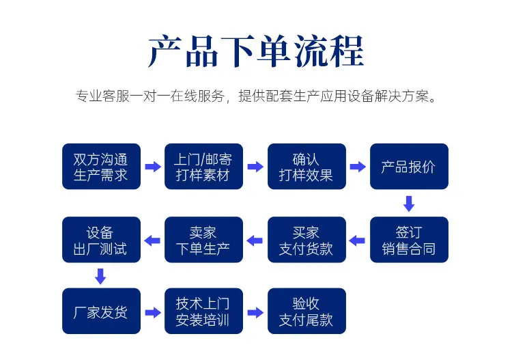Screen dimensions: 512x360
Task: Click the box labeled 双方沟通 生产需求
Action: pos(101,166)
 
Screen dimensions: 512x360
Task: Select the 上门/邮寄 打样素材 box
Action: pos(203,166)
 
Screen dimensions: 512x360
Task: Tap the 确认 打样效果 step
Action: pos(307,166)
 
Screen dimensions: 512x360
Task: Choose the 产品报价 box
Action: pos(409,166)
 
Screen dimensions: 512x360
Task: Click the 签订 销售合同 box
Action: pos(409,240)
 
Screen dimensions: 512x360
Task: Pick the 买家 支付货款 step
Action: pos(307,240)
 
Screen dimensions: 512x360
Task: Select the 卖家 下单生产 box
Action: pos(203,240)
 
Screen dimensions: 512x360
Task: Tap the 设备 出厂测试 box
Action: pos(101,240)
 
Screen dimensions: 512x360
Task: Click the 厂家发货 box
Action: pos(101,311)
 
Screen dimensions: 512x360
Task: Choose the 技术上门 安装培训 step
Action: pos(203,311)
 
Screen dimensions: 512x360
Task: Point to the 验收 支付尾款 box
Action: pos(307,311)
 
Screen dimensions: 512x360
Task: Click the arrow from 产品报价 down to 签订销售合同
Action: pos(409,204)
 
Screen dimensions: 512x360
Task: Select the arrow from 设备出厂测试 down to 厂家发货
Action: pos(100,277)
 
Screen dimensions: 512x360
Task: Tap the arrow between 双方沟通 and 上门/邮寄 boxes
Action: pos(153,167)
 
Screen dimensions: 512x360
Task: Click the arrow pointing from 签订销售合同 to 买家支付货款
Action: pos(357,240)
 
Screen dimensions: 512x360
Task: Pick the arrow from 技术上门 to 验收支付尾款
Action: pos(255,313)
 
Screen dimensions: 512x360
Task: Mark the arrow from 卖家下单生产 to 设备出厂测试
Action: pos(152,240)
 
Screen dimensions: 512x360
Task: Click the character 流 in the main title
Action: pos(310,52)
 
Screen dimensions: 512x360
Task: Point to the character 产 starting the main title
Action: pos(165,52)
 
